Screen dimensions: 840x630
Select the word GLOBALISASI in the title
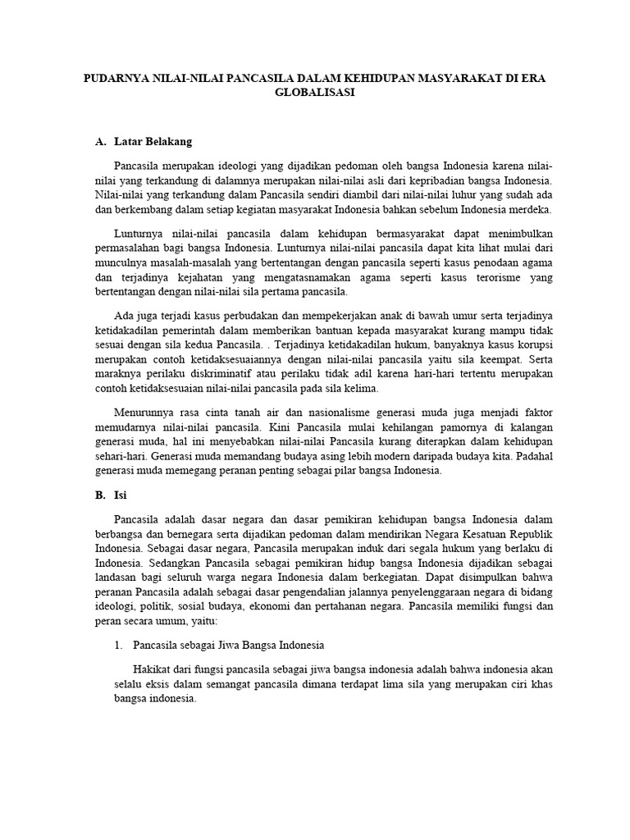coord(315,94)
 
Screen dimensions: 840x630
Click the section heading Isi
coord(121,495)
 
